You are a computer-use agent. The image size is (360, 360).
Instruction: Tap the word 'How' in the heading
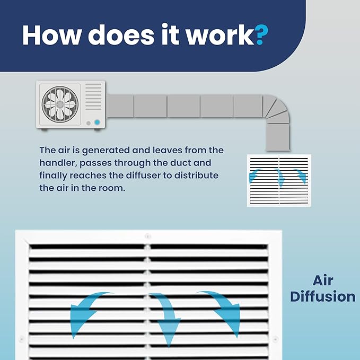click(51, 35)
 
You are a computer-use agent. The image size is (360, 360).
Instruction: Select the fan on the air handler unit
click(60, 104)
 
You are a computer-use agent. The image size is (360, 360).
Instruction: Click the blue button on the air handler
click(97, 122)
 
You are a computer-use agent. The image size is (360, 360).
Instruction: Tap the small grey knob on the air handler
click(89, 124)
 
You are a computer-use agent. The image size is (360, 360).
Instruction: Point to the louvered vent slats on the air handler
click(93, 96)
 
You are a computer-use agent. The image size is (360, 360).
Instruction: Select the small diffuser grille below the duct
click(279, 180)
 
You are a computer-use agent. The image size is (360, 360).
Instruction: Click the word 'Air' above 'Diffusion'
click(323, 280)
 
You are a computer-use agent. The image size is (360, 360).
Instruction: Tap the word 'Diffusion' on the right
click(323, 296)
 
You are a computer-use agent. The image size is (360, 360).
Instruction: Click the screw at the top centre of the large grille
click(147, 236)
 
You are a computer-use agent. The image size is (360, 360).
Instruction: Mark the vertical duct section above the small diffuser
click(278, 137)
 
